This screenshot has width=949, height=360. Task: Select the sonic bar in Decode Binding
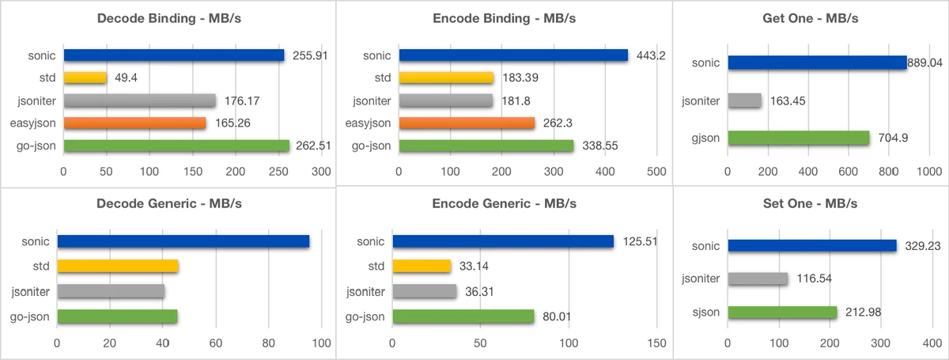click(x=174, y=55)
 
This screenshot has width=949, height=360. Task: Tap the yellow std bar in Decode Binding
click(x=85, y=78)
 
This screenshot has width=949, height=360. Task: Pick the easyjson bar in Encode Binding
click(x=467, y=123)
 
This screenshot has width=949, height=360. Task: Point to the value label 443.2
click(x=652, y=55)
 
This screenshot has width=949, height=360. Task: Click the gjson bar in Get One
click(x=799, y=138)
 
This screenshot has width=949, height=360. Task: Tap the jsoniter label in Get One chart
click(x=701, y=101)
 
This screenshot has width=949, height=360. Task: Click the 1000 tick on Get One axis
click(x=928, y=171)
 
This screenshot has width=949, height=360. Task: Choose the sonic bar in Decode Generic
click(x=183, y=241)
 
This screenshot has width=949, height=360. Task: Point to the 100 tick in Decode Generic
click(x=321, y=343)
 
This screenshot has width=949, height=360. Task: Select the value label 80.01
click(x=558, y=316)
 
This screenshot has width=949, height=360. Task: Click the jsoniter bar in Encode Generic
click(x=425, y=291)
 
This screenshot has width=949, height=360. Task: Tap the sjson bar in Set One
click(x=782, y=313)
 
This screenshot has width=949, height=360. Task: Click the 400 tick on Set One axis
click(x=930, y=343)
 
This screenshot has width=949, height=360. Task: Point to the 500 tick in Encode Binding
click(x=656, y=171)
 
